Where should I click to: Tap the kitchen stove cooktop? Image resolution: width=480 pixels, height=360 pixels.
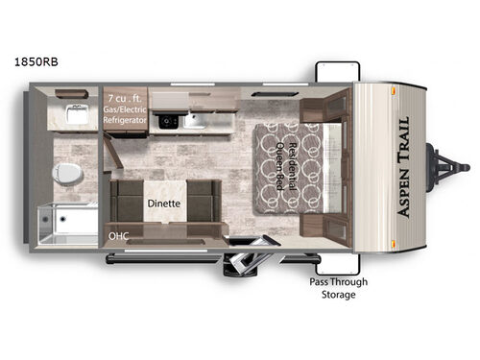(167, 121)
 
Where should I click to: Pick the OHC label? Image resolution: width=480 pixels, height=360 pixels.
(118, 233)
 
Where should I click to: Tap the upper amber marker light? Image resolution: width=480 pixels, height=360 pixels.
(394, 88)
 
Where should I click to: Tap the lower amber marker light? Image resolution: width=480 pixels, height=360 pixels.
(394, 246)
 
